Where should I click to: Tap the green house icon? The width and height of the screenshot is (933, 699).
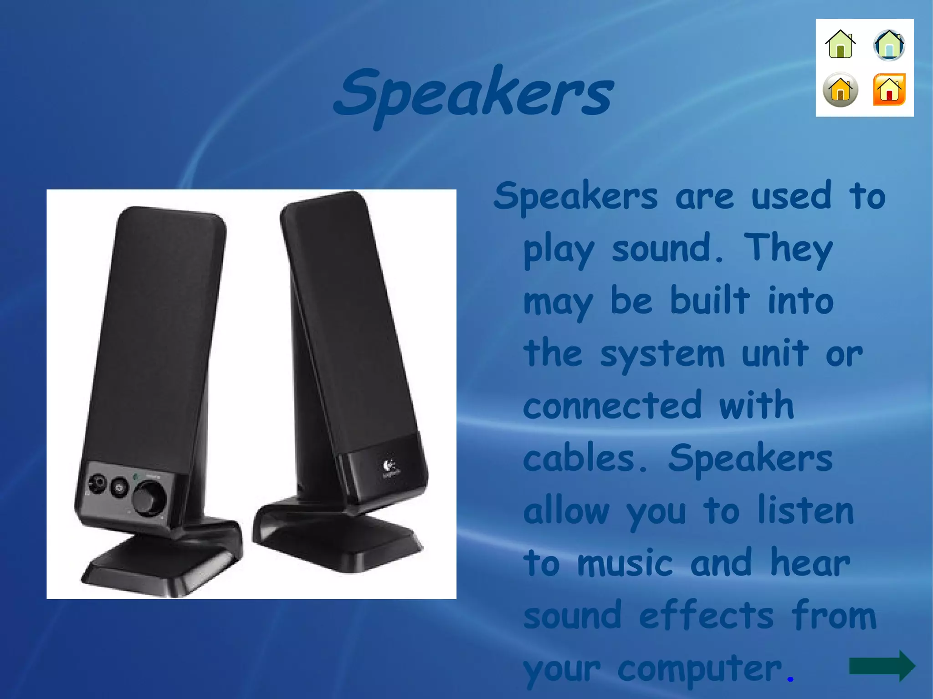(841, 44)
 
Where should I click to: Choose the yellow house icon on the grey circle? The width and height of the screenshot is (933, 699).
(841, 90)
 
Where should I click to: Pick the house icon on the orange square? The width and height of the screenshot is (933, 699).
(889, 90)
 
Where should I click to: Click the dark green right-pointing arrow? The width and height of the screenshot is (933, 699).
(882, 666)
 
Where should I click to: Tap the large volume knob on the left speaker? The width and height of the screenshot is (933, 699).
(149, 497)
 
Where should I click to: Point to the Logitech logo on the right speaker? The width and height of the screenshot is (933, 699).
(390, 467)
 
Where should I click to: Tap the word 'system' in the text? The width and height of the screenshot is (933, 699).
(662, 354)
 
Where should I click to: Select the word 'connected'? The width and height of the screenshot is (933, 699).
(612, 406)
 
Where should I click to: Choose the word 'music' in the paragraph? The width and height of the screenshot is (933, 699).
(625, 563)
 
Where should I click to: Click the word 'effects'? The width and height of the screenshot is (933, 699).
(706, 616)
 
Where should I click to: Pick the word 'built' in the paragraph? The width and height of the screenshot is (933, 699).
(710, 301)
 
